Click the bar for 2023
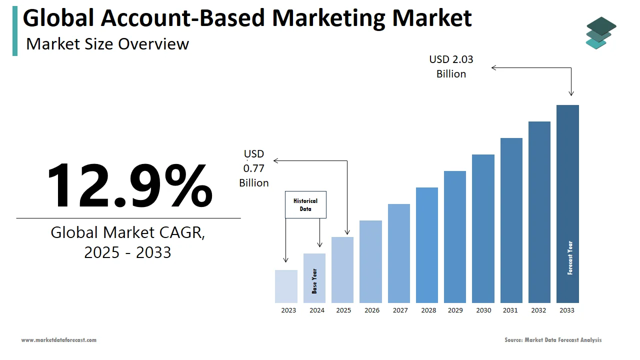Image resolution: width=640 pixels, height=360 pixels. coord(286,286)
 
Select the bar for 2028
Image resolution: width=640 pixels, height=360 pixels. coord(426,245)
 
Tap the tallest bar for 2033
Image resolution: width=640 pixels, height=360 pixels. coord(567,204)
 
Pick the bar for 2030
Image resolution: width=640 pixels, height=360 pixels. coord(483,228)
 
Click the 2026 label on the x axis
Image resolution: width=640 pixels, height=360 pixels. coord(372,310)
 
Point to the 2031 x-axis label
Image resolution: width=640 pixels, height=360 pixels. coord(510,310)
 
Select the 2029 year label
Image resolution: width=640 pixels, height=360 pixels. coord(455,310)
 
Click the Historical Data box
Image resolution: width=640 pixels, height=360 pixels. coord(305,205)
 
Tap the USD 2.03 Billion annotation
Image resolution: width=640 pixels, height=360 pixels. coord(451,66)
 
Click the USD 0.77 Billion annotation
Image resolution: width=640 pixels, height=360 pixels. coord(254,168)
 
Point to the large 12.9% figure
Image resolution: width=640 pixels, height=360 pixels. coord(129,185)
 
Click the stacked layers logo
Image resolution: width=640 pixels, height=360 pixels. coord(600,33)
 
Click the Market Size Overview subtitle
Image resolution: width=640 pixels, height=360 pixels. coord(107,44)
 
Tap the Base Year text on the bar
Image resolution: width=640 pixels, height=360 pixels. coord(314,281)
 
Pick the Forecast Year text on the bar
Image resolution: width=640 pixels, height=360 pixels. coord(570,258)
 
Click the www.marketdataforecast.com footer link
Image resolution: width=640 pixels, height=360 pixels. coord(58,340)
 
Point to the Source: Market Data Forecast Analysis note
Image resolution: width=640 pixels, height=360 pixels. coord(553,340)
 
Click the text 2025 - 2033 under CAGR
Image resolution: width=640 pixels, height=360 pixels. coord(127,252)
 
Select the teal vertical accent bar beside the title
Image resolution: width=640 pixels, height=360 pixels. coord(15,31)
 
